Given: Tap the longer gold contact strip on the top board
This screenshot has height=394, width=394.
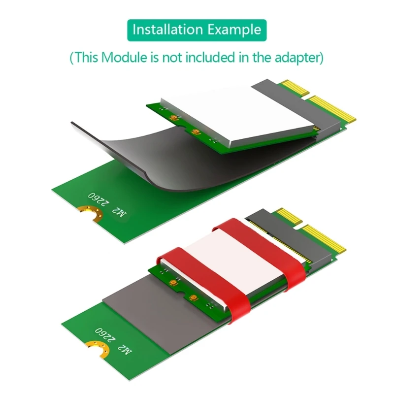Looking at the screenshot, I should pos(333,108).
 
